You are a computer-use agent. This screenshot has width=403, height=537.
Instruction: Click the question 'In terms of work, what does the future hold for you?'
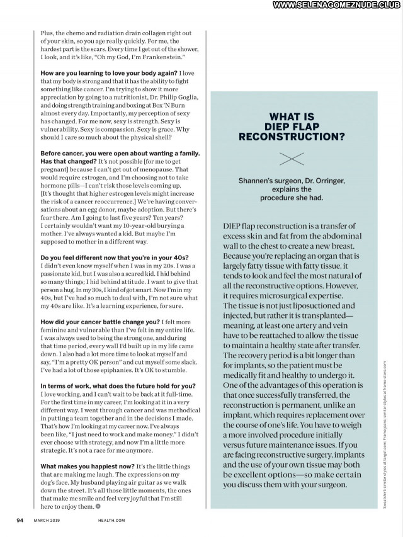point(118,385)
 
